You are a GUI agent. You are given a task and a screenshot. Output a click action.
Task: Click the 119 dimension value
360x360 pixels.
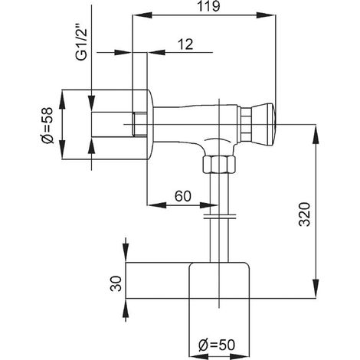coord(208,6)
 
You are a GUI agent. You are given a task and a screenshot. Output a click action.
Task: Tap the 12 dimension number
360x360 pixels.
coord(186,44)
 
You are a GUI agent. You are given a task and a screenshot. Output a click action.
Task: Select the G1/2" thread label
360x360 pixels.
coord(81,44)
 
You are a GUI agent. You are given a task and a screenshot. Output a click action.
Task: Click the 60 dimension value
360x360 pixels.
coord(183,196)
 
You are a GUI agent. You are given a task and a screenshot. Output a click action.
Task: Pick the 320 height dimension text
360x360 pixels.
coord(304,214)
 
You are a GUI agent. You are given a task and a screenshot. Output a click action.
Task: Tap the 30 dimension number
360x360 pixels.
coord(116,283)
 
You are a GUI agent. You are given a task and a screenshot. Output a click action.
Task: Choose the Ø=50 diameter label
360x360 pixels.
coord(217,345)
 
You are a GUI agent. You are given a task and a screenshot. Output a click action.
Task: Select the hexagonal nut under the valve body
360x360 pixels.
coord(219,165)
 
